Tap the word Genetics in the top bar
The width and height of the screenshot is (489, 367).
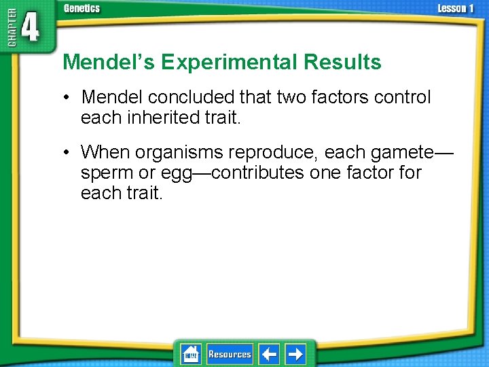coord(81,8)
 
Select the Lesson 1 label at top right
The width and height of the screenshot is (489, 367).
coord(456,8)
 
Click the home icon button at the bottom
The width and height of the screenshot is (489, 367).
coord(191,354)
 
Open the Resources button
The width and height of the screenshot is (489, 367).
coord(230,354)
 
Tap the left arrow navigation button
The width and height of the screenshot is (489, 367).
coord(269,354)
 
